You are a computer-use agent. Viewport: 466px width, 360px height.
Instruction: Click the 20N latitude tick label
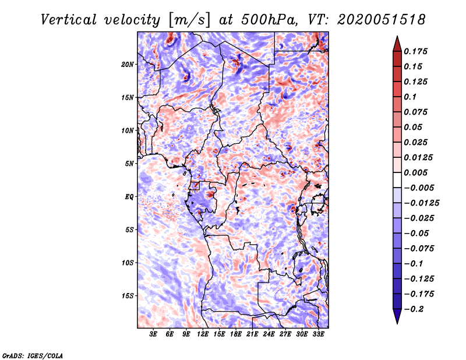point(128,64)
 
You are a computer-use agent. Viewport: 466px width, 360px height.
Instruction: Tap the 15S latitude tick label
point(128,296)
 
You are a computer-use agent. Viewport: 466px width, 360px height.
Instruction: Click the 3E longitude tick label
point(154,334)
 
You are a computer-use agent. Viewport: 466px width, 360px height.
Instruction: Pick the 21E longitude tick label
point(253,334)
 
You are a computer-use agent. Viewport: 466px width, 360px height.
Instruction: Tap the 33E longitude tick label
point(319,334)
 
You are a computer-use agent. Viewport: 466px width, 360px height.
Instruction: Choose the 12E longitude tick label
point(203,334)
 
